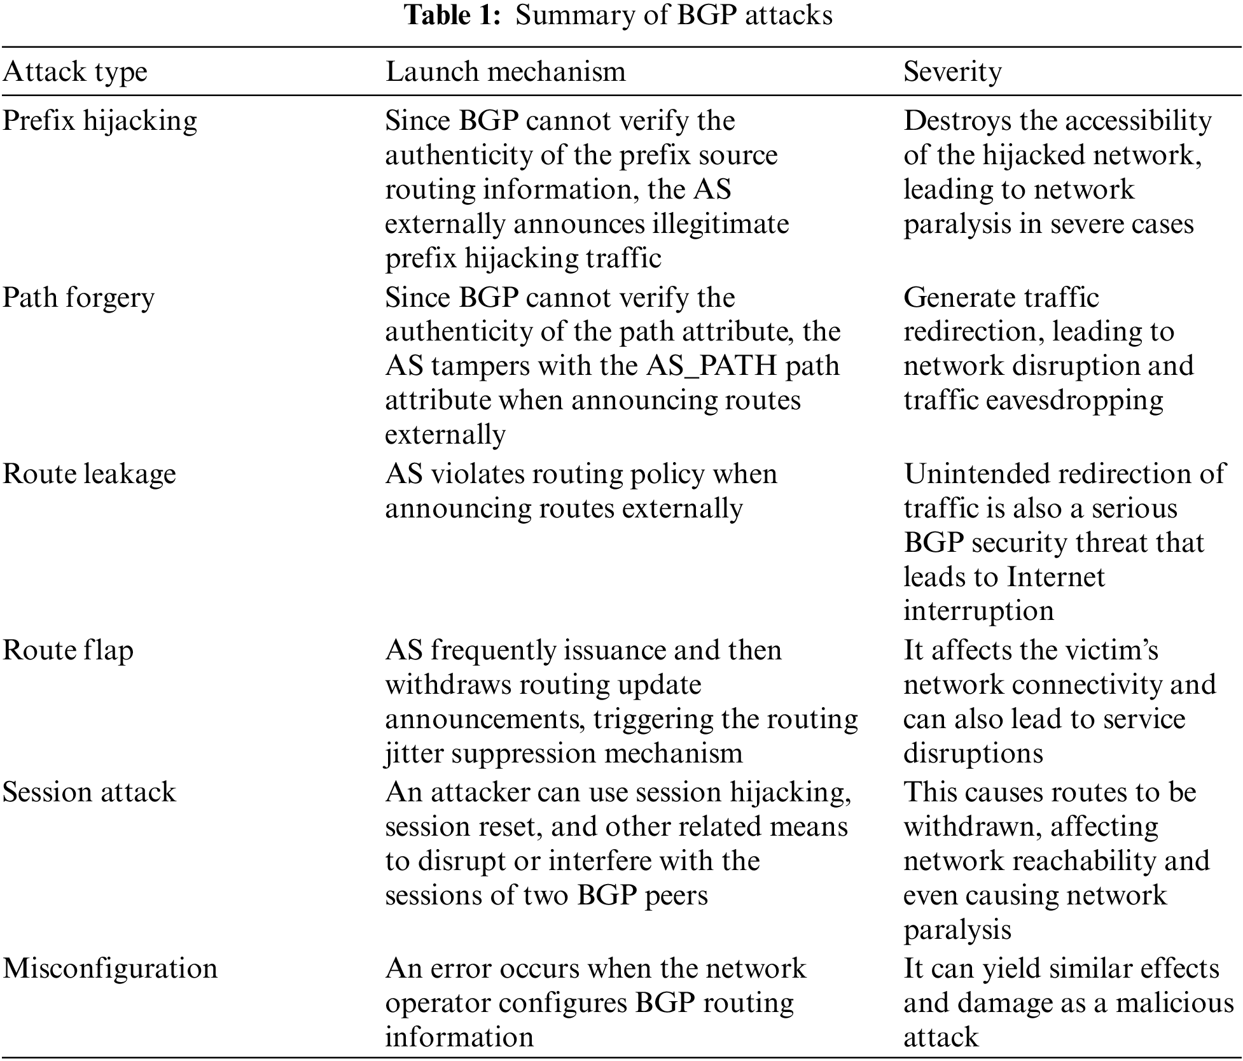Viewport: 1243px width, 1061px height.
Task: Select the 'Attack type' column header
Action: (74, 71)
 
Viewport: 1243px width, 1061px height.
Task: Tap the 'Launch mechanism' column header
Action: (505, 71)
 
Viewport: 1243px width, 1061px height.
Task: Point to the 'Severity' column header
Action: (952, 71)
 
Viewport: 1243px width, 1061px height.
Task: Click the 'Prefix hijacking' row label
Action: (100, 121)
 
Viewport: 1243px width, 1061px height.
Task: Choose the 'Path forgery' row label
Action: (78, 298)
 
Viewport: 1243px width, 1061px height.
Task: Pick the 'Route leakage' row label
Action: (89, 474)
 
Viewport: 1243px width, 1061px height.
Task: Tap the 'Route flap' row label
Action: (68, 650)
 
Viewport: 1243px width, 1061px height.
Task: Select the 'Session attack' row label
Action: (89, 792)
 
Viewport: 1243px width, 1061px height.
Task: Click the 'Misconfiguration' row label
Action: (110, 969)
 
